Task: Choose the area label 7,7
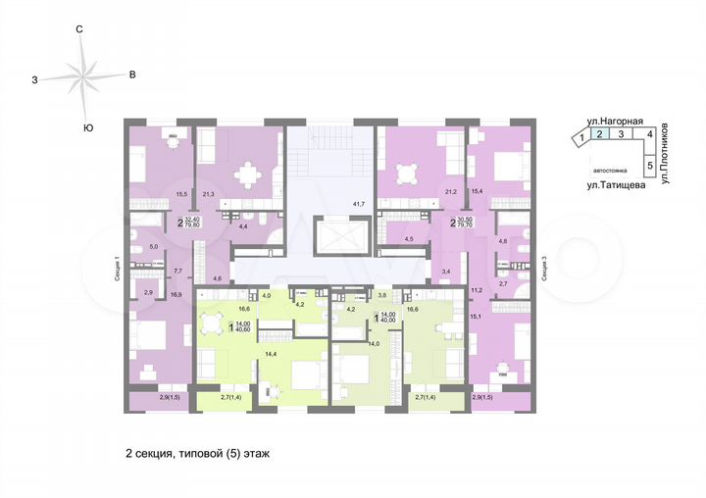coord(178,270)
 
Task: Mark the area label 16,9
coord(176,292)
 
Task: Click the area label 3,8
coord(384,294)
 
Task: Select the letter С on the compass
coord(79,30)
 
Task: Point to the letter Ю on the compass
coord(88,127)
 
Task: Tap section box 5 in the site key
coord(649,166)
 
